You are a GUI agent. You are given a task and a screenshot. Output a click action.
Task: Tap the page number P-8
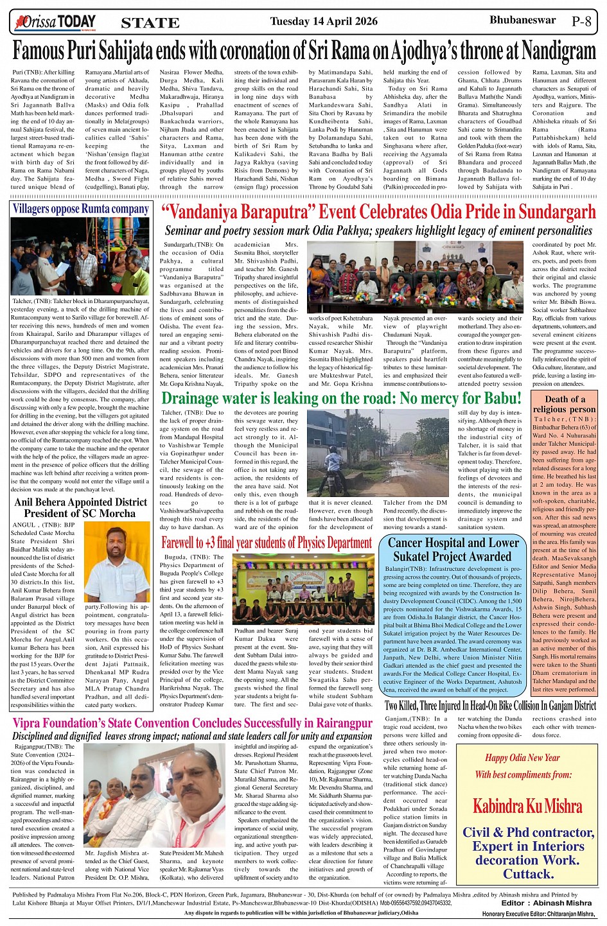(581, 21)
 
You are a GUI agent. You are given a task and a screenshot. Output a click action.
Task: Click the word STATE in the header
(150, 23)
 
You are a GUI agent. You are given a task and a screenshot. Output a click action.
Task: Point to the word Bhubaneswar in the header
(522, 21)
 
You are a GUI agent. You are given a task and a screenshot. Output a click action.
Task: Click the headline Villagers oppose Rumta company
(80, 209)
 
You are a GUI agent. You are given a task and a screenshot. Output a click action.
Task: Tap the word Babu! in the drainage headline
(502, 398)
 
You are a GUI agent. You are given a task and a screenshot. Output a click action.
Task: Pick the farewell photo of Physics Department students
(303, 589)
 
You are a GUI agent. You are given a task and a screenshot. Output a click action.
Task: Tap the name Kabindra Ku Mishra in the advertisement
(527, 806)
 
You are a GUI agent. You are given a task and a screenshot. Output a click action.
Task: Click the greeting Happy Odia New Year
(522, 758)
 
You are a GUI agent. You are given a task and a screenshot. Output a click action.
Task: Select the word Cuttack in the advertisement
(529, 873)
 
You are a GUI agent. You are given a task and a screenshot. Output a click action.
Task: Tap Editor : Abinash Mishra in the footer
(547, 903)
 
